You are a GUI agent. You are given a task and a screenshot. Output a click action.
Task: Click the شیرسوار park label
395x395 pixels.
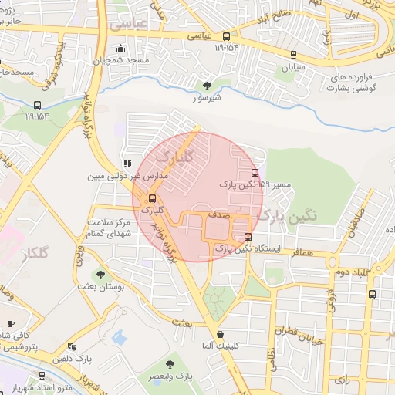pos(206,98)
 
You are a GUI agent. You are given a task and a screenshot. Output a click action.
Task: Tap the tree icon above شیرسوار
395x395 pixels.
pos(206,85)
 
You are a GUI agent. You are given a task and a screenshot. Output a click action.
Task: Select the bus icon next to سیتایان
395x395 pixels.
pos(293,54)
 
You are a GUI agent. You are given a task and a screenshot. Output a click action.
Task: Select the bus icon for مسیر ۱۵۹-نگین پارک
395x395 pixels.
pos(255,172)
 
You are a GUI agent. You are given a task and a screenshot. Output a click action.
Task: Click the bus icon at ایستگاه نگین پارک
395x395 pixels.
pos(247,237)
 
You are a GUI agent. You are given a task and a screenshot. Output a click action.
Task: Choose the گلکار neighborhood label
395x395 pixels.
pos(36,253)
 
